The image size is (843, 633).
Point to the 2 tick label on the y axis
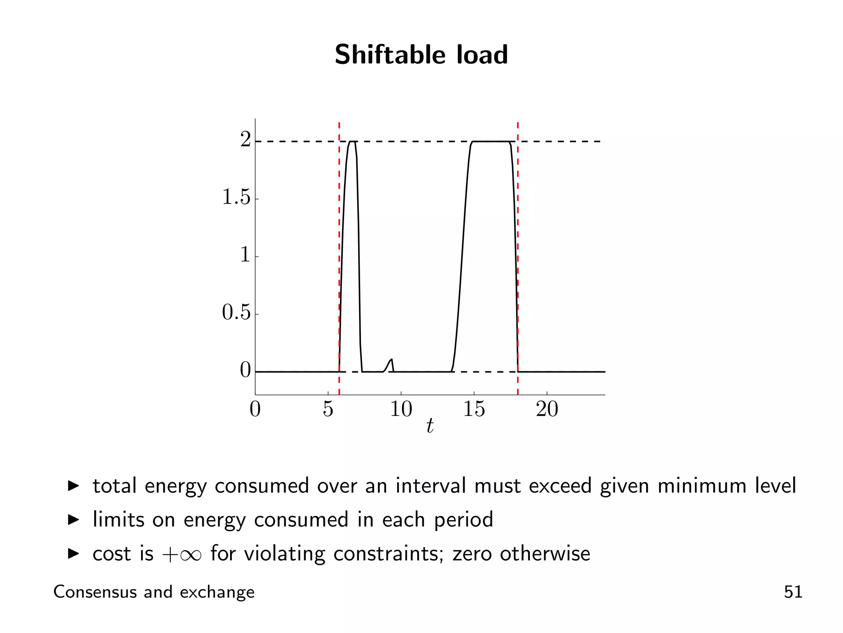point(245,140)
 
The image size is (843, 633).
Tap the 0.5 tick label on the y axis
point(236,312)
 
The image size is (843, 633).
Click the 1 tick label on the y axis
point(245,255)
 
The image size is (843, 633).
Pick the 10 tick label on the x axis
point(401,409)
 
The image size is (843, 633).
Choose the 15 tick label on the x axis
point(474,409)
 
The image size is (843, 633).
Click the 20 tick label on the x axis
point(547,409)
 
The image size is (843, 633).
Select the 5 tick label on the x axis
point(328,409)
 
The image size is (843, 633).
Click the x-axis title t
point(430,426)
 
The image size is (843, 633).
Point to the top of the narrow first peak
point(352,142)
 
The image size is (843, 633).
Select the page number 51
point(793,592)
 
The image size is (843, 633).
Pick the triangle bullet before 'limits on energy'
point(73,520)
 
